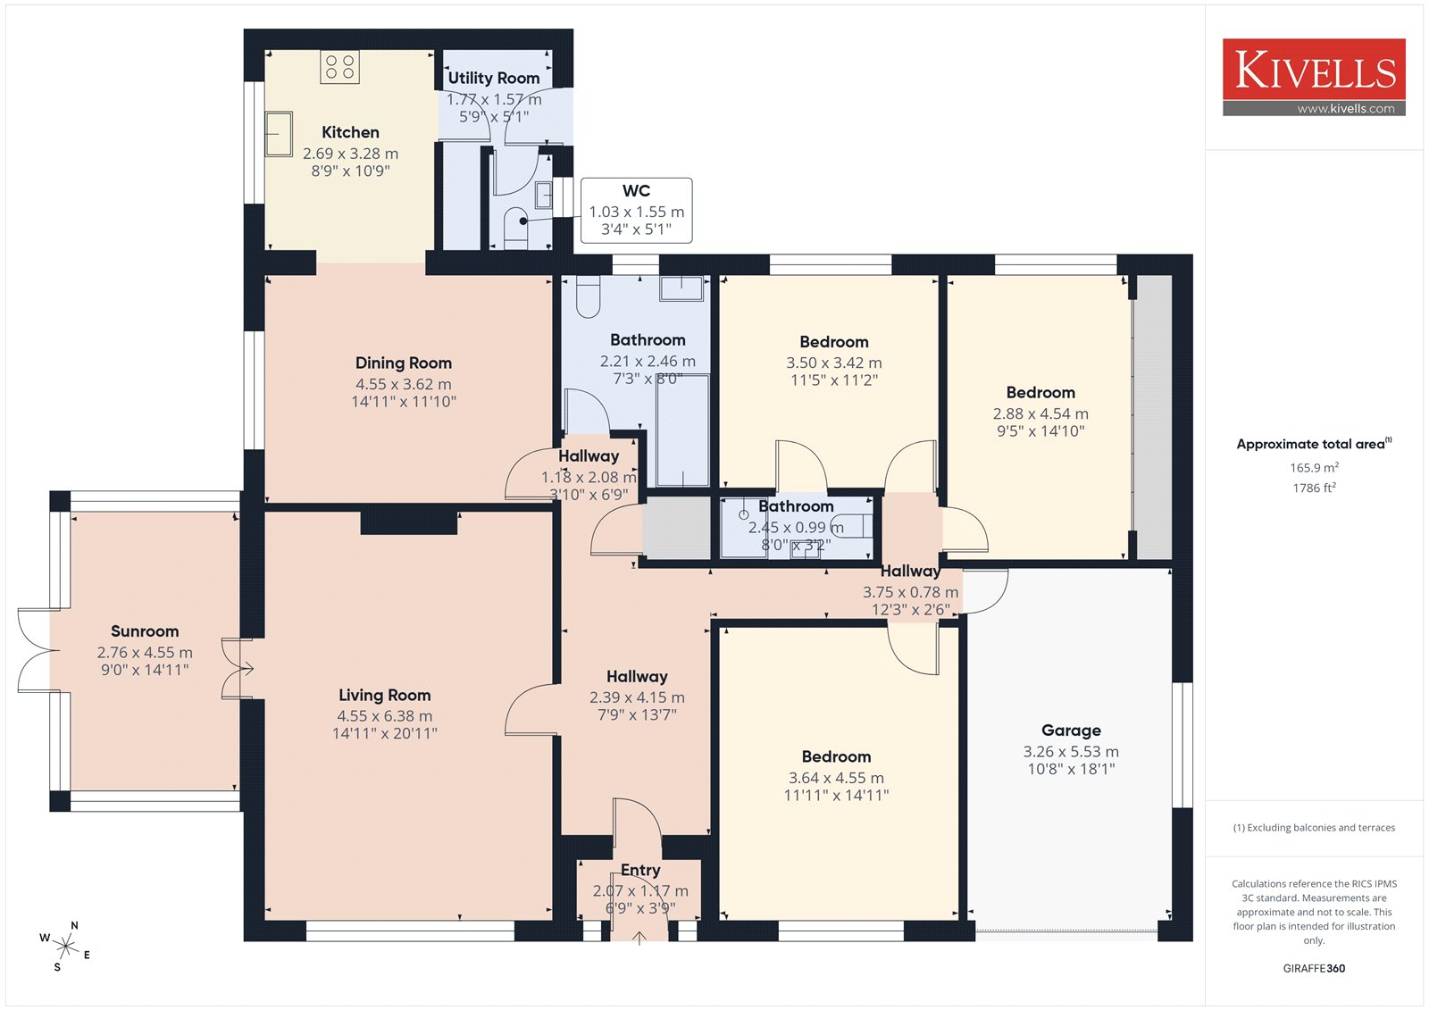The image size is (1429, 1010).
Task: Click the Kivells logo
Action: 1314,77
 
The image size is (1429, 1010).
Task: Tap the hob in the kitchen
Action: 339,67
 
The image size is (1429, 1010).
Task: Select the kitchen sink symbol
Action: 278,134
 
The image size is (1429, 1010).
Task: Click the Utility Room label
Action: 493,78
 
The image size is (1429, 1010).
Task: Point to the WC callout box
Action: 636,211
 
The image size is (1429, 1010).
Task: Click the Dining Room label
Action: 403,363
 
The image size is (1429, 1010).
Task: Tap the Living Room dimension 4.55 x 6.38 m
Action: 385,716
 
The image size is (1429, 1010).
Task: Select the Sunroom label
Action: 145,631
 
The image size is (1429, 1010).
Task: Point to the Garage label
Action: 1071,730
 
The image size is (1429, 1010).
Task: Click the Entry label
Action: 640,871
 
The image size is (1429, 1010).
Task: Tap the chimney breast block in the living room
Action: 409,522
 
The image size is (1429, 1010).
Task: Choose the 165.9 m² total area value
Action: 1314,467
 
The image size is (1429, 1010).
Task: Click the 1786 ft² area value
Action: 1314,488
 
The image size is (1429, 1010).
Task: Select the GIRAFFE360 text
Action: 1314,968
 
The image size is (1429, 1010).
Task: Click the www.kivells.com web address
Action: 1346,108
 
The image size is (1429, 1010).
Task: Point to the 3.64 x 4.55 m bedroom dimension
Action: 836,778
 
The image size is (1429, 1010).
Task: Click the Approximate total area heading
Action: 1314,444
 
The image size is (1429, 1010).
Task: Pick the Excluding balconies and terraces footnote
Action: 1314,828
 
